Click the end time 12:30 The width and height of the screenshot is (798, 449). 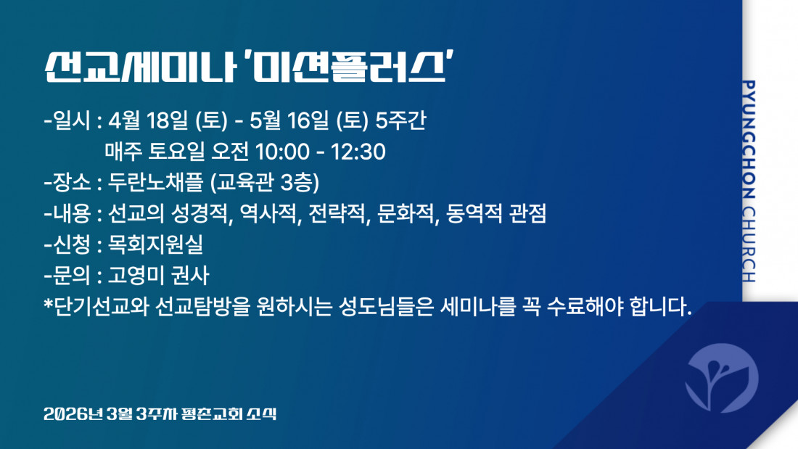pyautogui.click(x=358, y=152)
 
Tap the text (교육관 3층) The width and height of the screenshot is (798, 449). pyautogui.click(x=265, y=183)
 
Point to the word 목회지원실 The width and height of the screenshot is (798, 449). pyautogui.click(x=156, y=245)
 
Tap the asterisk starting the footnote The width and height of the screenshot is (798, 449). pyautogui.click(x=49, y=304)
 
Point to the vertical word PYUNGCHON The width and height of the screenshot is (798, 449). pyautogui.click(x=748, y=139)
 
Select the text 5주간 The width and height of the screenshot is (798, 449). pyautogui.click(x=400, y=120)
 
